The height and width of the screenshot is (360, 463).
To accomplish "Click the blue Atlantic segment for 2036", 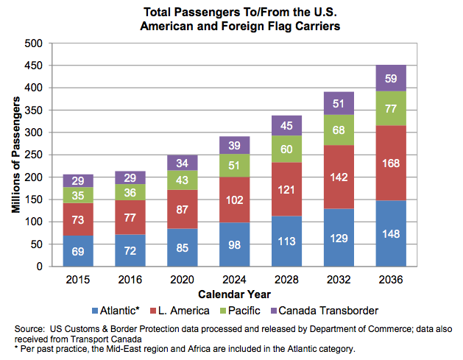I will click(390, 233).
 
